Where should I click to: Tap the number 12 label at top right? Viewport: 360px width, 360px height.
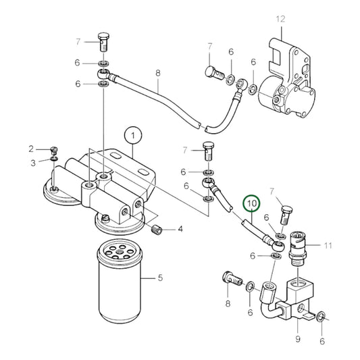coord(281,18)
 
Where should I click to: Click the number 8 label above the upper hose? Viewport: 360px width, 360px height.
coord(158,73)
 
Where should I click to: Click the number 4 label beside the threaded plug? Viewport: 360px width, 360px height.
coord(180,230)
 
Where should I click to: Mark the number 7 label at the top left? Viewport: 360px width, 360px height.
coord(78,42)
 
